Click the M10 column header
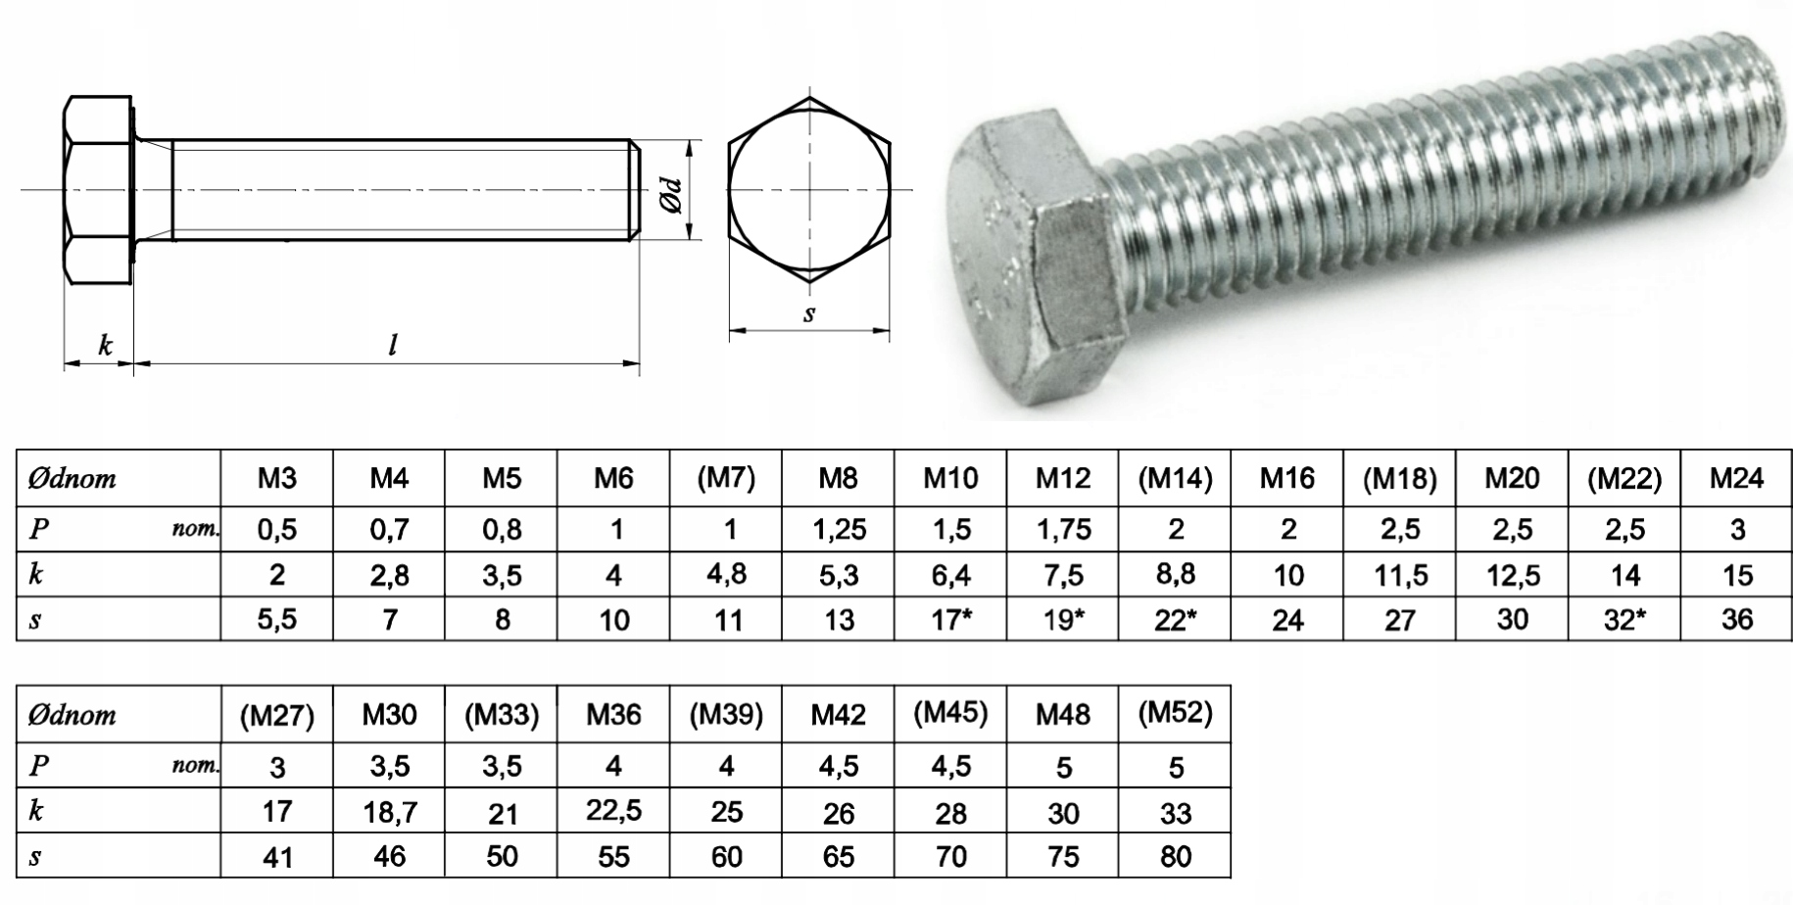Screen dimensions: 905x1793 pyautogui.click(x=949, y=478)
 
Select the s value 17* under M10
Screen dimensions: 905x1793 pyautogui.click(x=949, y=620)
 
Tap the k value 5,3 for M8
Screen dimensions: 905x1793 pyautogui.click(x=839, y=575)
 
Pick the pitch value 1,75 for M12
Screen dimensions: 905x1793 pyautogui.click(x=1063, y=530)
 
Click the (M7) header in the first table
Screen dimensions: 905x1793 pyautogui.click(x=726, y=478)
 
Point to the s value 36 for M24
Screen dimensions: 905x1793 pyautogui.click(x=1736, y=620)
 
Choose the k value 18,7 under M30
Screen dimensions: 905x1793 pyautogui.click(x=389, y=811)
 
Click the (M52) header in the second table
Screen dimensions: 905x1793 pyautogui.click(x=1175, y=714)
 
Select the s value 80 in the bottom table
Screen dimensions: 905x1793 pyautogui.click(x=1175, y=857)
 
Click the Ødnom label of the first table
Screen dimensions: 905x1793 pyautogui.click(x=73, y=479)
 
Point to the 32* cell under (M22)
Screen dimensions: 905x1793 pyautogui.click(x=1623, y=620)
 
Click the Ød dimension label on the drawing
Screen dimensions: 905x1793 pyautogui.click(x=671, y=193)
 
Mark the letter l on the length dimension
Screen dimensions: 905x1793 pyautogui.click(x=393, y=345)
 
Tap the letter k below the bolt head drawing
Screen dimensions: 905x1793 pyautogui.click(x=105, y=345)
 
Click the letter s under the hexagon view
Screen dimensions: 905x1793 pyautogui.click(x=809, y=313)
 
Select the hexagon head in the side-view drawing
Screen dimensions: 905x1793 pyautogui.click(x=98, y=190)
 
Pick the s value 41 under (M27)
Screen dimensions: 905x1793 pyautogui.click(x=277, y=858)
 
